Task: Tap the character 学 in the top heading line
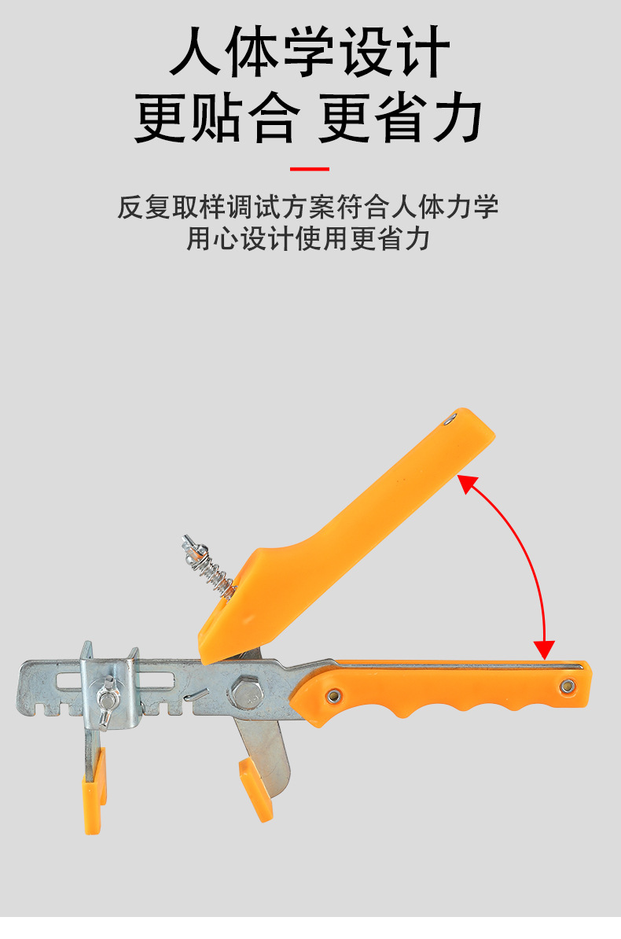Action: click(x=310, y=52)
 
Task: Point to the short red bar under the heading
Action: click(x=310, y=168)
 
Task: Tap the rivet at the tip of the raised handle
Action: click(x=449, y=420)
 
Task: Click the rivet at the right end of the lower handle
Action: click(x=567, y=687)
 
